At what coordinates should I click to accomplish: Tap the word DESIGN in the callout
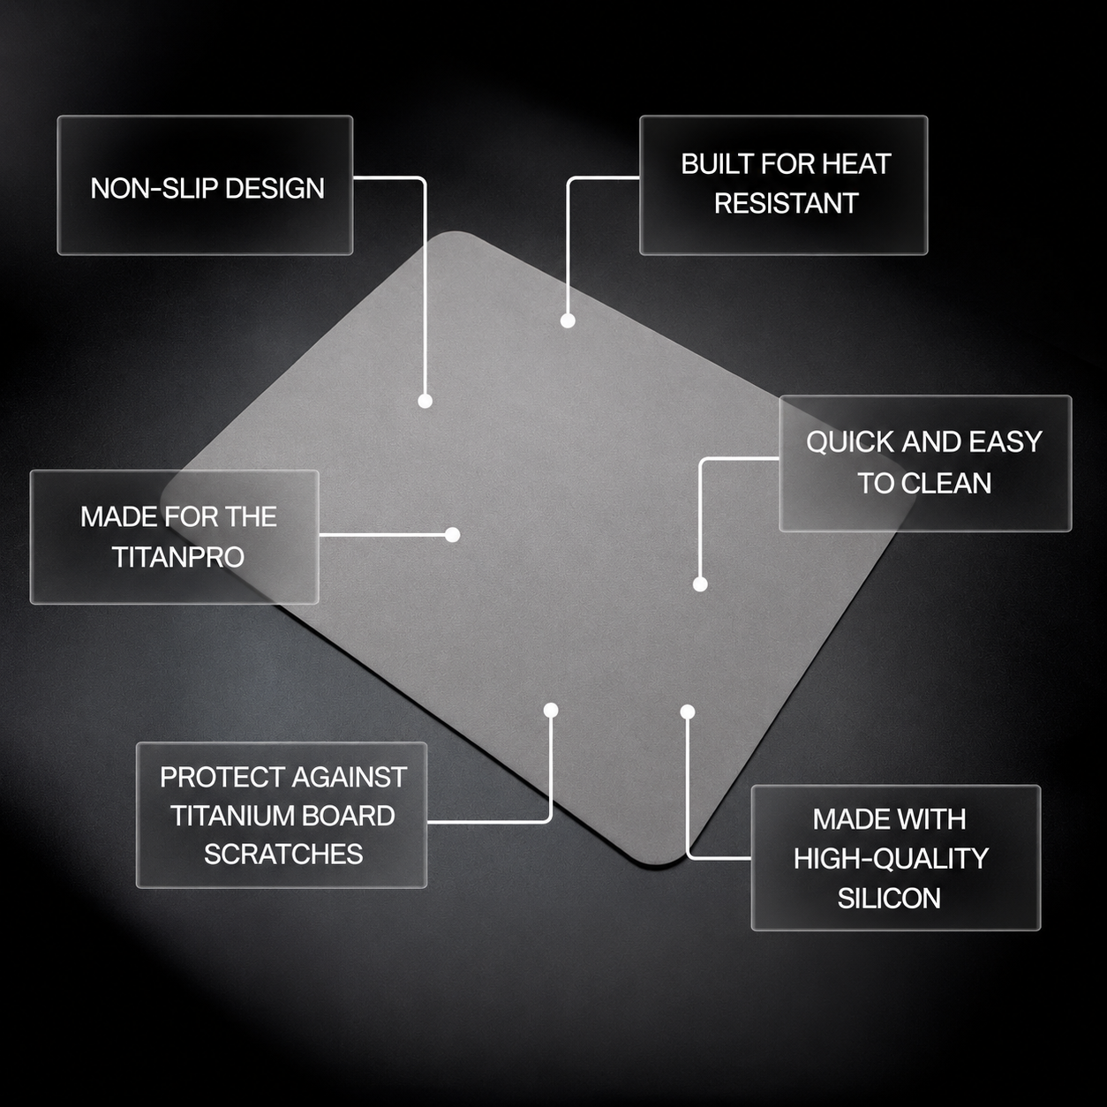click(x=275, y=188)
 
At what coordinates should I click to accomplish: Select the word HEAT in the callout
click(x=856, y=164)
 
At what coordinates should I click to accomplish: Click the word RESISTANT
click(x=786, y=203)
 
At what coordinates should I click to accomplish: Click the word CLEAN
click(x=946, y=483)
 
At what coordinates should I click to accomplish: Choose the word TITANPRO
click(x=178, y=557)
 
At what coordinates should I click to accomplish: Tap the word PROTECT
click(x=222, y=777)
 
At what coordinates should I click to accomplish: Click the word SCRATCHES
click(x=283, y=855)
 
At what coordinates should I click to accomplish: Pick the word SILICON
click(x=889, y=899)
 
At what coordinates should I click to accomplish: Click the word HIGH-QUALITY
click(x=891, y=859)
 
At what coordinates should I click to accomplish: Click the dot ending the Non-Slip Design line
click(x=425, y=401)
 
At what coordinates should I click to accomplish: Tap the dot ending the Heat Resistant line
click(x=568, y=320)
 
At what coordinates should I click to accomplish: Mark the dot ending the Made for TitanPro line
click(x=453, y=535)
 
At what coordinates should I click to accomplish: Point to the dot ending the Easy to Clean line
click(x=700, y=584)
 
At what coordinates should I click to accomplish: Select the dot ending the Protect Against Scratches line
click(x=550, y=711)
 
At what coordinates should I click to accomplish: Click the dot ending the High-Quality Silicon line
click(x=688, y=712)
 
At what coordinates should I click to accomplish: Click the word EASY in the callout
click(x=1005, y=442)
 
